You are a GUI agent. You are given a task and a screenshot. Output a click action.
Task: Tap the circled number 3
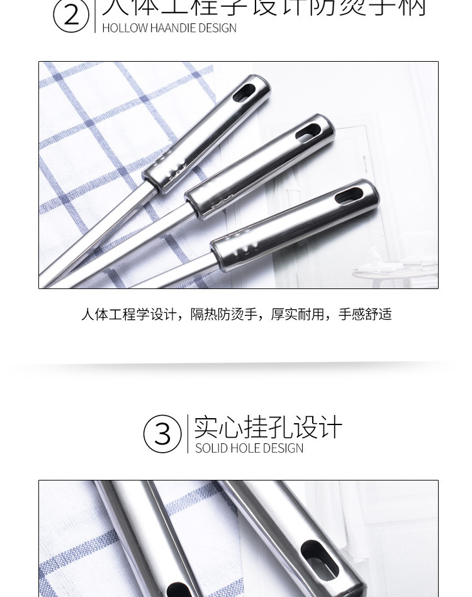coord(162,434)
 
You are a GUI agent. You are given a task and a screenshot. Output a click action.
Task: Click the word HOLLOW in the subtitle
coord(124,28)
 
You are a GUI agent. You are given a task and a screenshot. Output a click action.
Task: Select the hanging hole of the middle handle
coord(308,133)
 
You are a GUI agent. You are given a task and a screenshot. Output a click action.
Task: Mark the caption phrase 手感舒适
coord(365,314)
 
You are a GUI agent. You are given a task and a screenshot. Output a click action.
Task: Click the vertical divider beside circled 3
coord(188,433)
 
